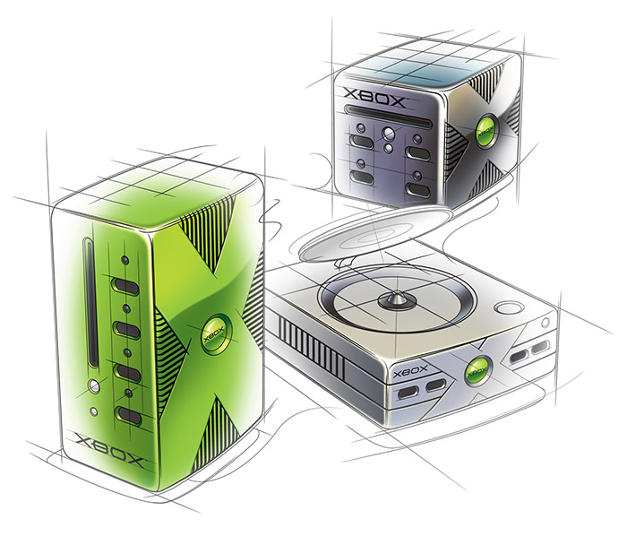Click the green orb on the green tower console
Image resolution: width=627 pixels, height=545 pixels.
217,333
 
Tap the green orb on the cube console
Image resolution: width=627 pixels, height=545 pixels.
486,130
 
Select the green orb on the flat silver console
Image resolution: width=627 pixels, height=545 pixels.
478,371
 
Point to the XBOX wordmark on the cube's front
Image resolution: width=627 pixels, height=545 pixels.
374,97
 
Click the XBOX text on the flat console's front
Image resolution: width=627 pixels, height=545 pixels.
410,372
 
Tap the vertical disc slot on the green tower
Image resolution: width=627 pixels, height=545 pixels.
90,302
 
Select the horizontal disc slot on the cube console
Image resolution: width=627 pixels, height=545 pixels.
388,116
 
